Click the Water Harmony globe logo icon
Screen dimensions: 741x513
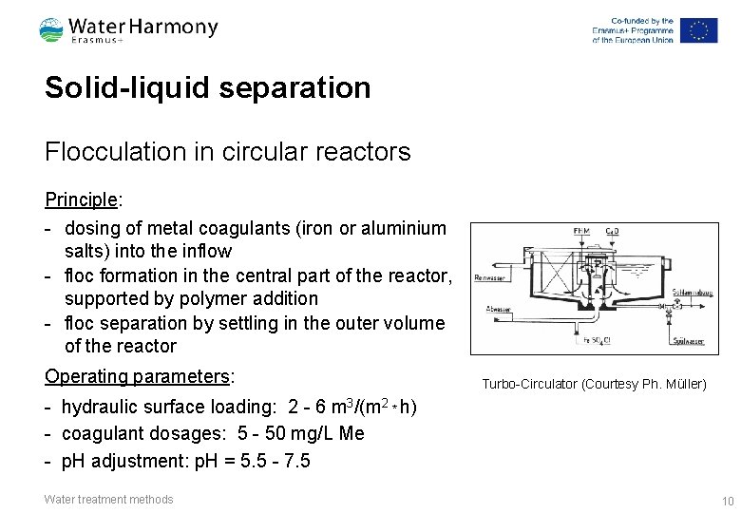coord(51,30)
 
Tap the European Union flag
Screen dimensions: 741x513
coord(698,30)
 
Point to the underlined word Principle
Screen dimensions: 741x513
coord(81,200)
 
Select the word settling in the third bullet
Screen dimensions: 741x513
coord(249,323)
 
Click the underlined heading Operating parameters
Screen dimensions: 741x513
coord(138,376)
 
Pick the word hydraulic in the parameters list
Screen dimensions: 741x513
coord(101,408)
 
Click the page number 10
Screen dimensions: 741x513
coord(728,501)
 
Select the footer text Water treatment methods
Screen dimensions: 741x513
coord(109,500)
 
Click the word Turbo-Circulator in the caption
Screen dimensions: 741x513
coord(530,384)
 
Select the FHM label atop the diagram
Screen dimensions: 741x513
coord(580,232)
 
